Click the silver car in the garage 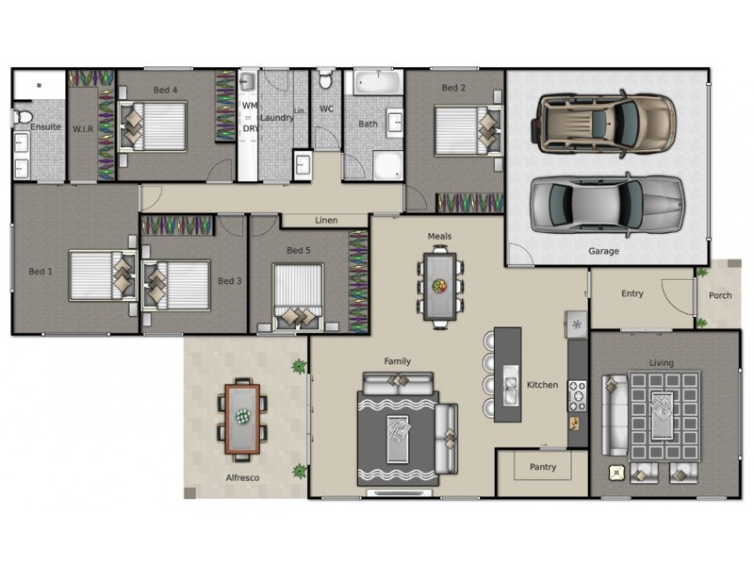[x=607, y=205]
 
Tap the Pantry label [x=543, y=467]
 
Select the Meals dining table [x=440, y=288]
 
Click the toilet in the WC [x=325, y=80]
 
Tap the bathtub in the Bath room [x=378, y=82]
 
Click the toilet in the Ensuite [x=22, y=116]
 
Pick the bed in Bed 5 [x=298, y=296]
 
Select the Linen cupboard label [x=326, y=220]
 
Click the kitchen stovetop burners [x=578, y=395]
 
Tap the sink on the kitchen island [x=510, y=385]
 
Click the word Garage [x=603, y=251]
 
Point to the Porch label [x=720, y=295]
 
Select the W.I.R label [x=83, y=129]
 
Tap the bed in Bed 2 [x=467, y=131]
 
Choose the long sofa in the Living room [x=615, y=415]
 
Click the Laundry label [x=276, y=117]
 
